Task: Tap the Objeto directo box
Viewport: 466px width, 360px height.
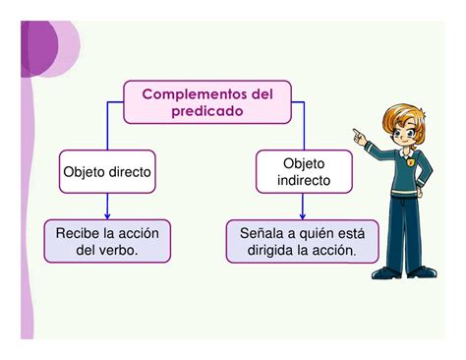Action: (x=107, y=171)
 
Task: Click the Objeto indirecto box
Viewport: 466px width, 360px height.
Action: (x=303, y=171)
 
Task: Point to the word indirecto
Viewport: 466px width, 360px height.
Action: (x=303, y=181)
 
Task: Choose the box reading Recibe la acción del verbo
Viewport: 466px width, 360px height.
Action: (x=107, y=241)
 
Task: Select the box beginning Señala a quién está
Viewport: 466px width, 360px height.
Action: (x=303, y=241)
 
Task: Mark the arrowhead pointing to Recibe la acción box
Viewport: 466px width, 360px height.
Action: (x=107, y=214)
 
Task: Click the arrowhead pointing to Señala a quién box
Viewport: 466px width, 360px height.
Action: (x=303, y=214)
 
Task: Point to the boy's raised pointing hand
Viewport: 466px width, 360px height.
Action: (x=360, y=140)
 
